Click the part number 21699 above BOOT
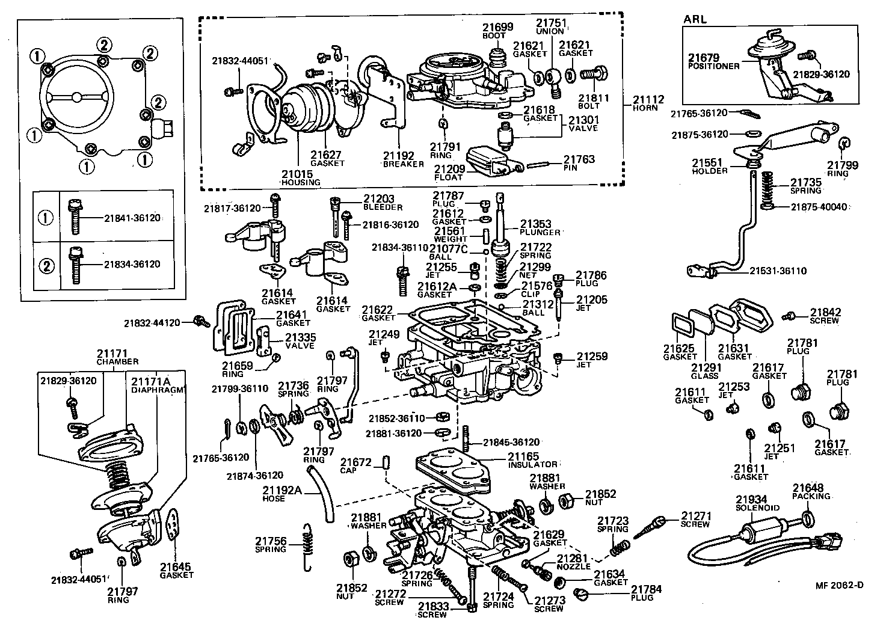point(497,26)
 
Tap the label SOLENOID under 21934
point(757,508)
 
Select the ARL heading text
point(695,19)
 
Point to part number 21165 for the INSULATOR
point(523,456)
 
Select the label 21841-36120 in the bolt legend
point(132,218)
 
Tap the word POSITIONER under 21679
point(714,66)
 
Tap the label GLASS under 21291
point(704,375)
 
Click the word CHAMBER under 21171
point(118,361)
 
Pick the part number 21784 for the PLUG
point(646,589)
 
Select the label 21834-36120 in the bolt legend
point(132,264)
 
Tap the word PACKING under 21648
point(811,496)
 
